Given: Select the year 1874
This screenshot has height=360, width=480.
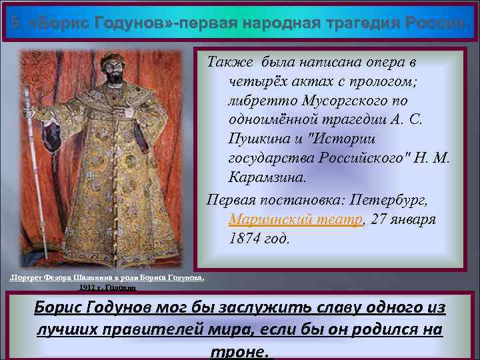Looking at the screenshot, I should (x=246, y=239).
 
